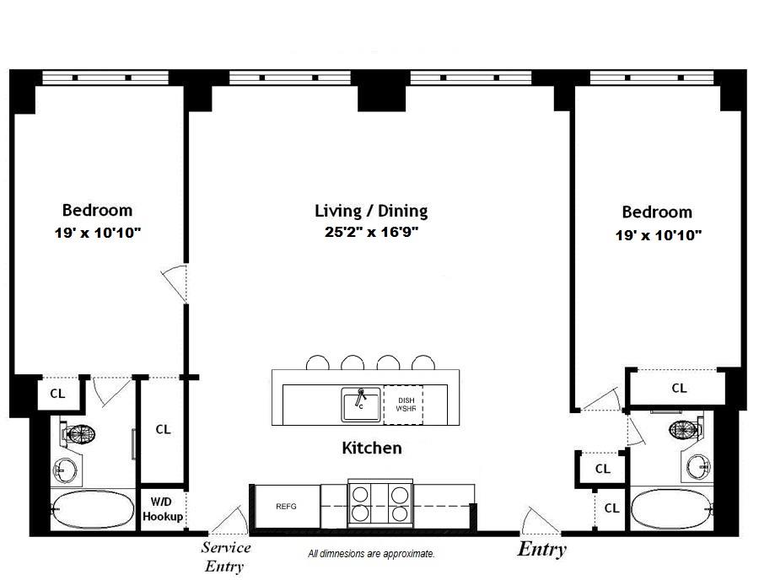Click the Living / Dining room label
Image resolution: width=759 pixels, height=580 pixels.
[x=371, y=211]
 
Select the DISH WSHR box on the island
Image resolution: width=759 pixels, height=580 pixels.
[x=403, y=404]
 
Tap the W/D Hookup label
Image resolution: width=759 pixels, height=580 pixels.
[x=163, y=510]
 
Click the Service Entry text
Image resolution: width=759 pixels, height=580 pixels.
[x=226, y=557]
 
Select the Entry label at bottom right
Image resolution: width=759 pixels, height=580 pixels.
[x=541, y=550]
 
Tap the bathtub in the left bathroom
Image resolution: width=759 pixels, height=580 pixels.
[x=92, y=510]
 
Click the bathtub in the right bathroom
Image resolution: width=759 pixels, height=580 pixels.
[x=671, y=510]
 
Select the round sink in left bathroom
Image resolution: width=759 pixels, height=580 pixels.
[x=65, y=470]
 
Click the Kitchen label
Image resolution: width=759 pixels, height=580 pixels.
[x=371, y=448]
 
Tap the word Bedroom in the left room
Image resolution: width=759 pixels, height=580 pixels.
[x=97, y=210]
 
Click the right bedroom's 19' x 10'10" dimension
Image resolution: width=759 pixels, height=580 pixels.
[x=658, y=235]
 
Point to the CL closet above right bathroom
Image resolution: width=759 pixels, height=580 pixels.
[x=679, y=388]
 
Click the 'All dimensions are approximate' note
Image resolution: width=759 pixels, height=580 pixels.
[x=371, y=554]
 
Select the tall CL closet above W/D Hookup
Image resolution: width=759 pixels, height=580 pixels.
[x=163, y=429]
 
